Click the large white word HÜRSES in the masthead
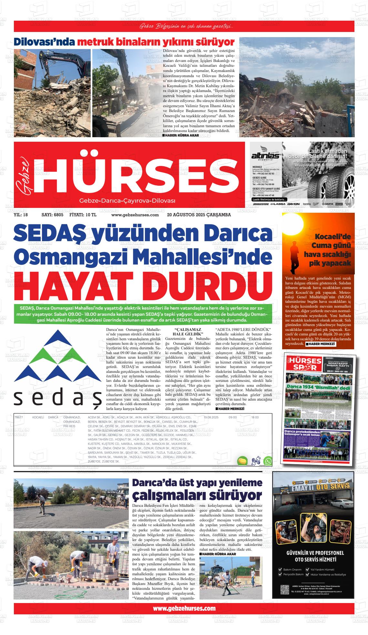point(136,174)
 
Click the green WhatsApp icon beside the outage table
point(268,461)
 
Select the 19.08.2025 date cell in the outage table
point(211,417)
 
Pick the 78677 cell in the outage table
point(19,417)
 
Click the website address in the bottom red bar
point(184,608)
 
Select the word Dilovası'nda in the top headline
point(44,42)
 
